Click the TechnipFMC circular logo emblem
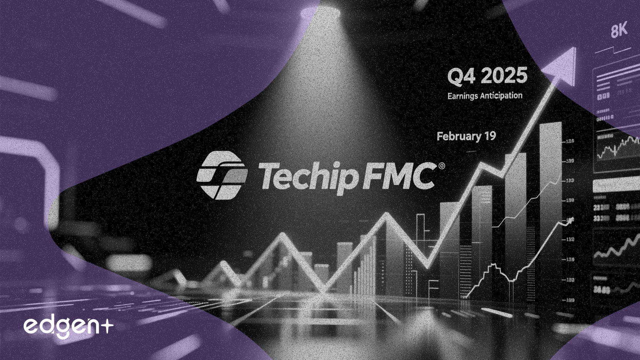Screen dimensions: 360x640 (222, 175)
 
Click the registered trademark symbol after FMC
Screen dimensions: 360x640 (442, 166)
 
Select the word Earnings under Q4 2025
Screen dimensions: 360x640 (462, 96)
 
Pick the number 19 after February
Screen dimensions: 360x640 (490, 136)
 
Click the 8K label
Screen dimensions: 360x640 (619, 30)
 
